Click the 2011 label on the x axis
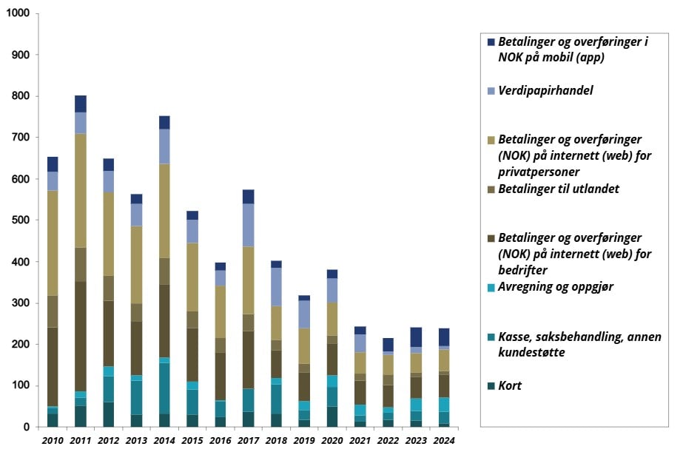click(80, 440)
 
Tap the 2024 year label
click(444, 440)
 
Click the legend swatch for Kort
click(491, 386)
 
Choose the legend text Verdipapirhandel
click(545, 91)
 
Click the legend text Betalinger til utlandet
click(558, 189)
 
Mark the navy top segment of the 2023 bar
click(416, 337)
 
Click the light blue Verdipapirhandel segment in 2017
click(248, 225)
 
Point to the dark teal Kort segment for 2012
click(108, 414)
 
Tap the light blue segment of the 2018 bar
click(276, 287)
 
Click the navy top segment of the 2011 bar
click(80, 104)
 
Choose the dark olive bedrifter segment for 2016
click(220, 376)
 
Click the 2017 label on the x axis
click(248, 440)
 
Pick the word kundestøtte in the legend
click(531, 353)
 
